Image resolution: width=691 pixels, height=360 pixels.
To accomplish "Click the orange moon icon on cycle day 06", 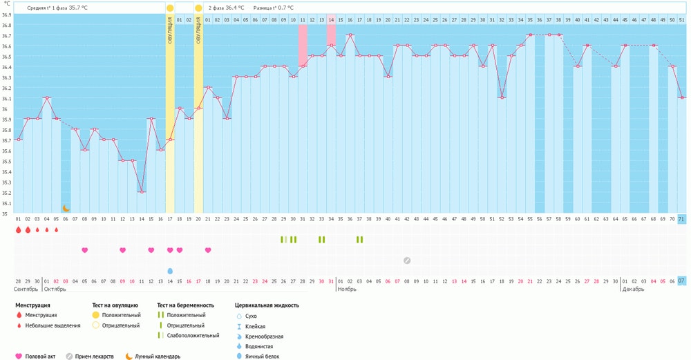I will click(x=66, y=208).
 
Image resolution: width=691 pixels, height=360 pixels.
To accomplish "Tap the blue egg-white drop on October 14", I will click(x=170, y=271).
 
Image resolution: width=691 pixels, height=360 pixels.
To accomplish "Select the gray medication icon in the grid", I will click(x=407, y=260).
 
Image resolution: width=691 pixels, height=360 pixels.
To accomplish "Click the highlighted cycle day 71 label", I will click(x=681, y=219).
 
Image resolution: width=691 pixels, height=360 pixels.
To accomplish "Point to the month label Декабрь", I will click(x=634, y=290).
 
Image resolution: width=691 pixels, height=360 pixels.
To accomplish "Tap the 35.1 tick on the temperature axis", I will click(x=7, y=203).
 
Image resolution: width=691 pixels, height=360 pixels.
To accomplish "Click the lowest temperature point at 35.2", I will click(x=142, y=192).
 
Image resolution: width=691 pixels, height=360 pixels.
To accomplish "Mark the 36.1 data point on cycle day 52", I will click(x=502, y=97).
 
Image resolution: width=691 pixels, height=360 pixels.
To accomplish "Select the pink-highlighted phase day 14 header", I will click(x=331, y=20).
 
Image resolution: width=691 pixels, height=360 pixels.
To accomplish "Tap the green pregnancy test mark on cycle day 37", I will click(x=359, y=239).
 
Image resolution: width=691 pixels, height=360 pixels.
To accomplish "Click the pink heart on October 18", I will click(x=207, y=250).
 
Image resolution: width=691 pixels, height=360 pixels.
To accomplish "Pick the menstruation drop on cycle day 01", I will click(x=19, y=229).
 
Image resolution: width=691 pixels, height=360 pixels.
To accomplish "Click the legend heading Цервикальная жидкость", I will click(x=267, y=305).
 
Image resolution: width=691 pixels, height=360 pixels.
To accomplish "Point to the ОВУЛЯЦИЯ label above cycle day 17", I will click(x=170, y=30).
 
